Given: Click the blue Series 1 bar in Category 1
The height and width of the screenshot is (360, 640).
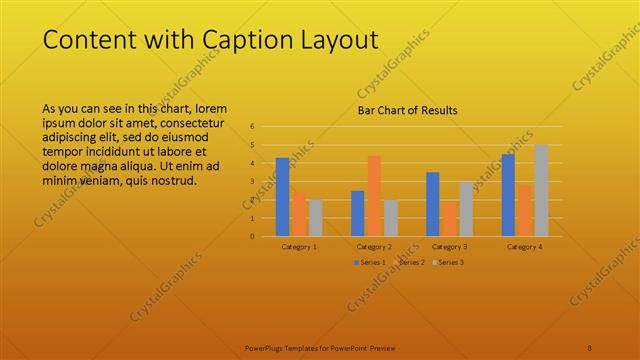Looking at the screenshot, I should tap(282, 197).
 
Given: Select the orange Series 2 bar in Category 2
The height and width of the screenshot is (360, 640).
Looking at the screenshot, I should tap(374, 196).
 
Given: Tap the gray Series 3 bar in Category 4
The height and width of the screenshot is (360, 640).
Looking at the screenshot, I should tap(541, 190).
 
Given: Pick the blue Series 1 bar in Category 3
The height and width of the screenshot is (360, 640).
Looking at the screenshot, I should tap(432, 204).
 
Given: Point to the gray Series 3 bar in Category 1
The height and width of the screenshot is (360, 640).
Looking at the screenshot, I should tap(315, 218).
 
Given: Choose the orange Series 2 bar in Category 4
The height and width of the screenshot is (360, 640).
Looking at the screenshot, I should tap(524, 210).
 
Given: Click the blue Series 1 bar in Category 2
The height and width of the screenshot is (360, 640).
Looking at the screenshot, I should tap(357, 213).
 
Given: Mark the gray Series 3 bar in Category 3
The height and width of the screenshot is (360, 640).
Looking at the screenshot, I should tap(466, 208).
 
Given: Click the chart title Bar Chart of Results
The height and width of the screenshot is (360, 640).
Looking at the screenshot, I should tap(407, 110).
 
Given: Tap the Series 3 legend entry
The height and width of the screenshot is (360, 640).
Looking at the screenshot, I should tap(447, 262).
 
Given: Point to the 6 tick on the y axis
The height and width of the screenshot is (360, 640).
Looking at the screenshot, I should tap(252, 127).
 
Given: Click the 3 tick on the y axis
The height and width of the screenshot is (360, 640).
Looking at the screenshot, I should tap(252, 181).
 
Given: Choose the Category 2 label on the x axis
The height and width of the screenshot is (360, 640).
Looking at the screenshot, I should tap(374, 246).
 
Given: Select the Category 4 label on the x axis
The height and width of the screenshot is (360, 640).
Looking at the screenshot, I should tap(524, 246).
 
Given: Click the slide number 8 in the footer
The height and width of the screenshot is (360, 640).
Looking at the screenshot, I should tap(590, 347).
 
